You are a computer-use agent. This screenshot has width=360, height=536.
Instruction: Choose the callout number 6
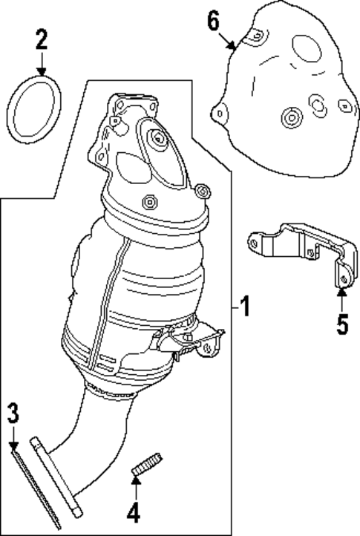coord(213,22)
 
